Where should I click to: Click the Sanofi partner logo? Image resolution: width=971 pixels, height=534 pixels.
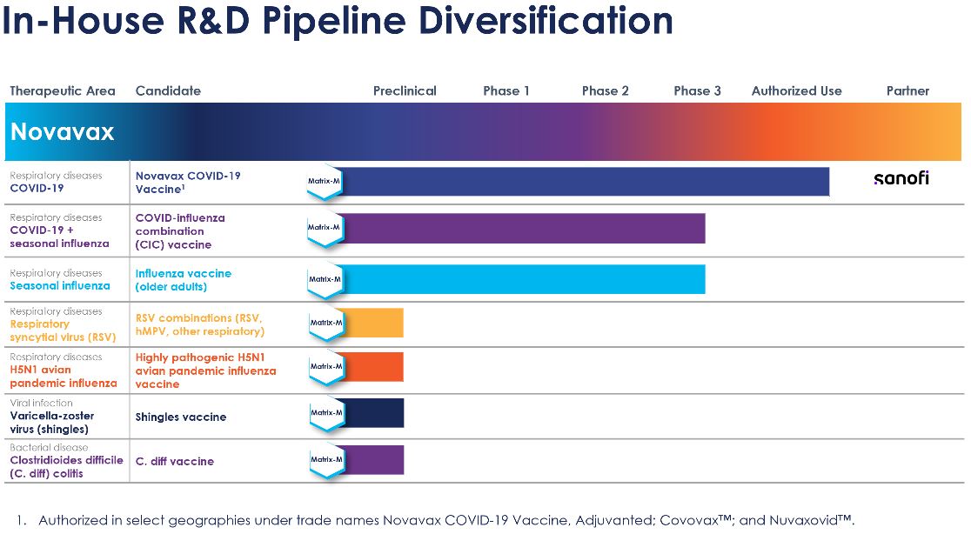click(901, 178)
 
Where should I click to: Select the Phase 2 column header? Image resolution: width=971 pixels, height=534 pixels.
click(605, 90)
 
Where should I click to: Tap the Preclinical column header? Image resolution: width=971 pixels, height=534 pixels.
click(405, 90)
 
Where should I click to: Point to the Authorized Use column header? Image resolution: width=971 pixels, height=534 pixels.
click(796, 90)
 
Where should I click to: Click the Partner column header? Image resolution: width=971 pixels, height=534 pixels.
click(907, 90)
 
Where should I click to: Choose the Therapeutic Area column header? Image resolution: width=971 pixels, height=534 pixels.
click(63, 90)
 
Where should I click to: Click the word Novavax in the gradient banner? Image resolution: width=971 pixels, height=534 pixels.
click(62, 131)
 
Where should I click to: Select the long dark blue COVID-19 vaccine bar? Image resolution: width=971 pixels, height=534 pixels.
click(583, 181)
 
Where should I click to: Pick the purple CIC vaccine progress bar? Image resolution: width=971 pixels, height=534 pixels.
click(522, 228)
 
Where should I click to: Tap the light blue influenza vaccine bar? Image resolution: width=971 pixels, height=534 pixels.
click(522, 279)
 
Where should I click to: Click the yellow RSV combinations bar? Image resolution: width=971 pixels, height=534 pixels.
click(374, 322)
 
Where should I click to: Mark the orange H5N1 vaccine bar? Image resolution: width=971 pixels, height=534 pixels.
click(374, 366)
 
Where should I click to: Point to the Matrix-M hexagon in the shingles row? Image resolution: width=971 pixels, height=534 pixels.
click(326, 412)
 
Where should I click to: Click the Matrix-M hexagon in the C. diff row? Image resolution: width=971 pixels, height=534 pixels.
click(326, 459)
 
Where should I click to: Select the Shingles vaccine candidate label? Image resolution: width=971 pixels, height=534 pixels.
click(180, 417)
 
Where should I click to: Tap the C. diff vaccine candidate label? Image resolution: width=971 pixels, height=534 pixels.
click(174, 461)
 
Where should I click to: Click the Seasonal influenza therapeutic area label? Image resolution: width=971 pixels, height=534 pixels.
click(60, 285)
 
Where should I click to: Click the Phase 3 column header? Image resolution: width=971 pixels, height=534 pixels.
click(697, 90)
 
